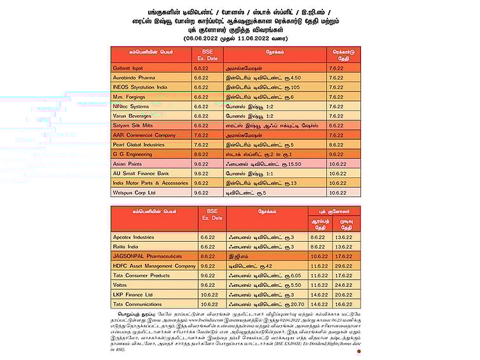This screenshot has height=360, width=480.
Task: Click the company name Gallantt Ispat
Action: tap(128, 67)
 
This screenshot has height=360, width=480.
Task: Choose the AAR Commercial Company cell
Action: tap(144, 135)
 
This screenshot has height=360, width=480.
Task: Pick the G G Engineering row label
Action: tap(132, 154)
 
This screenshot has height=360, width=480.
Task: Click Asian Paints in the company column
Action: tap(127, 163)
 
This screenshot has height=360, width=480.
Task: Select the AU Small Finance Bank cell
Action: tap(141, 173)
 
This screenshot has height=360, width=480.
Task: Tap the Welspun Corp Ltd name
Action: tap(134, 192)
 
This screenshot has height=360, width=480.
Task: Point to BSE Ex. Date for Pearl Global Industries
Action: tap(201, 144)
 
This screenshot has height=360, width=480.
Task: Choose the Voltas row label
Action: tap(121, 285)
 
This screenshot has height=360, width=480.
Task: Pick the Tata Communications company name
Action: tap(139, 305)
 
